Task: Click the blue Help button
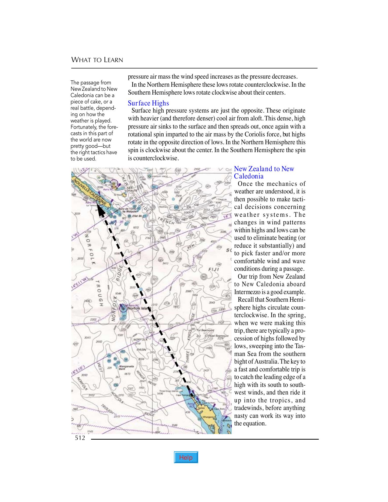pyautogui.click(x=186, y=457)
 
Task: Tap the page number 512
pyautogui.click(x=80, y=438)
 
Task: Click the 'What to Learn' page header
pyautogui.click(x=97, y=60)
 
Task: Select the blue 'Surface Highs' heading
pyautogui.click(x=148, y=103)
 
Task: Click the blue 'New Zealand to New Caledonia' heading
pyautogui.click(x=264, y=172)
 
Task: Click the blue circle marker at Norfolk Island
pyautogui.click(x=123, y=308)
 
